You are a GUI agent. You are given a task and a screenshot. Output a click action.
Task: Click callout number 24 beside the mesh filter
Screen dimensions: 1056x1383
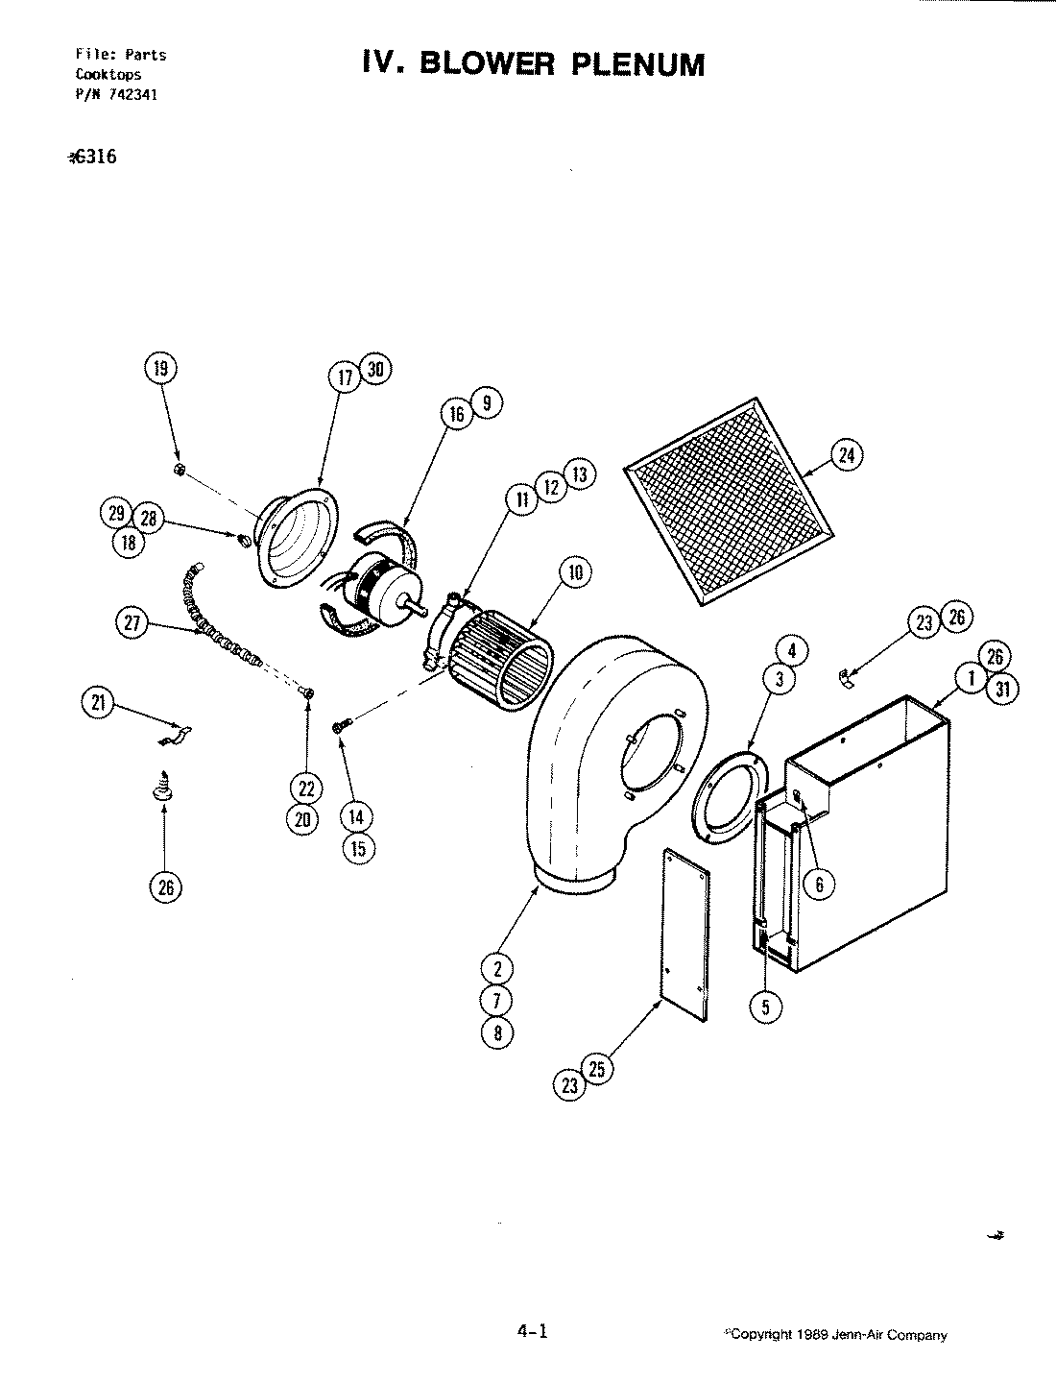click(846, 456)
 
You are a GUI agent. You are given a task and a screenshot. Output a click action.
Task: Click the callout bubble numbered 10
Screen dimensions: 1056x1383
click(575, 574)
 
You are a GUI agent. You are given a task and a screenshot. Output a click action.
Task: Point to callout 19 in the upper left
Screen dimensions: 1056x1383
click(160, 367)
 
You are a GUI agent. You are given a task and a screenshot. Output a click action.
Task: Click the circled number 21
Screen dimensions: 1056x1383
click(96, 705)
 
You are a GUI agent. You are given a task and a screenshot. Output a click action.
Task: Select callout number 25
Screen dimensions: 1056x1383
click(596, 1068)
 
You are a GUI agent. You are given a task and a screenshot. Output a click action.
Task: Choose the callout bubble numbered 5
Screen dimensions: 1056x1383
click(766, 1007)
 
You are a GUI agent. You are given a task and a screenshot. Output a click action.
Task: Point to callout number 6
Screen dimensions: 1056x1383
click(819, 884)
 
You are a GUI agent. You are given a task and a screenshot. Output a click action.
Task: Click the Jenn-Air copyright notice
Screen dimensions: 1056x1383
click(837, 1335)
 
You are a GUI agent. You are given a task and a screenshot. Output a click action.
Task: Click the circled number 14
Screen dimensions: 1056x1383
click(356, 817)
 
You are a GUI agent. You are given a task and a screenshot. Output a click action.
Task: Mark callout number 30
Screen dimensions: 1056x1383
click(375, 370)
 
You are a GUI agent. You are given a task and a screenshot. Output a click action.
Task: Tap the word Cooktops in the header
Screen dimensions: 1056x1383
click(108, 74)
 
